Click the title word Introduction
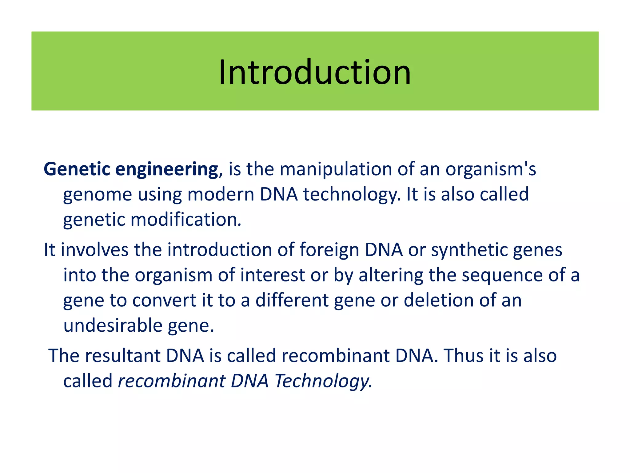coord(315,72)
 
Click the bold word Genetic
coord(77,169)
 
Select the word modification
coord(185,220)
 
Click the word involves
coord(94,250)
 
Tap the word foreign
coord(329,250)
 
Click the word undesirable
coord(113,325)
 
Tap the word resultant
coord(123,356)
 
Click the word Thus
coord(463,356)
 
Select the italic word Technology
coord(323,381)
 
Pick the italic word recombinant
coord(172,381)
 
